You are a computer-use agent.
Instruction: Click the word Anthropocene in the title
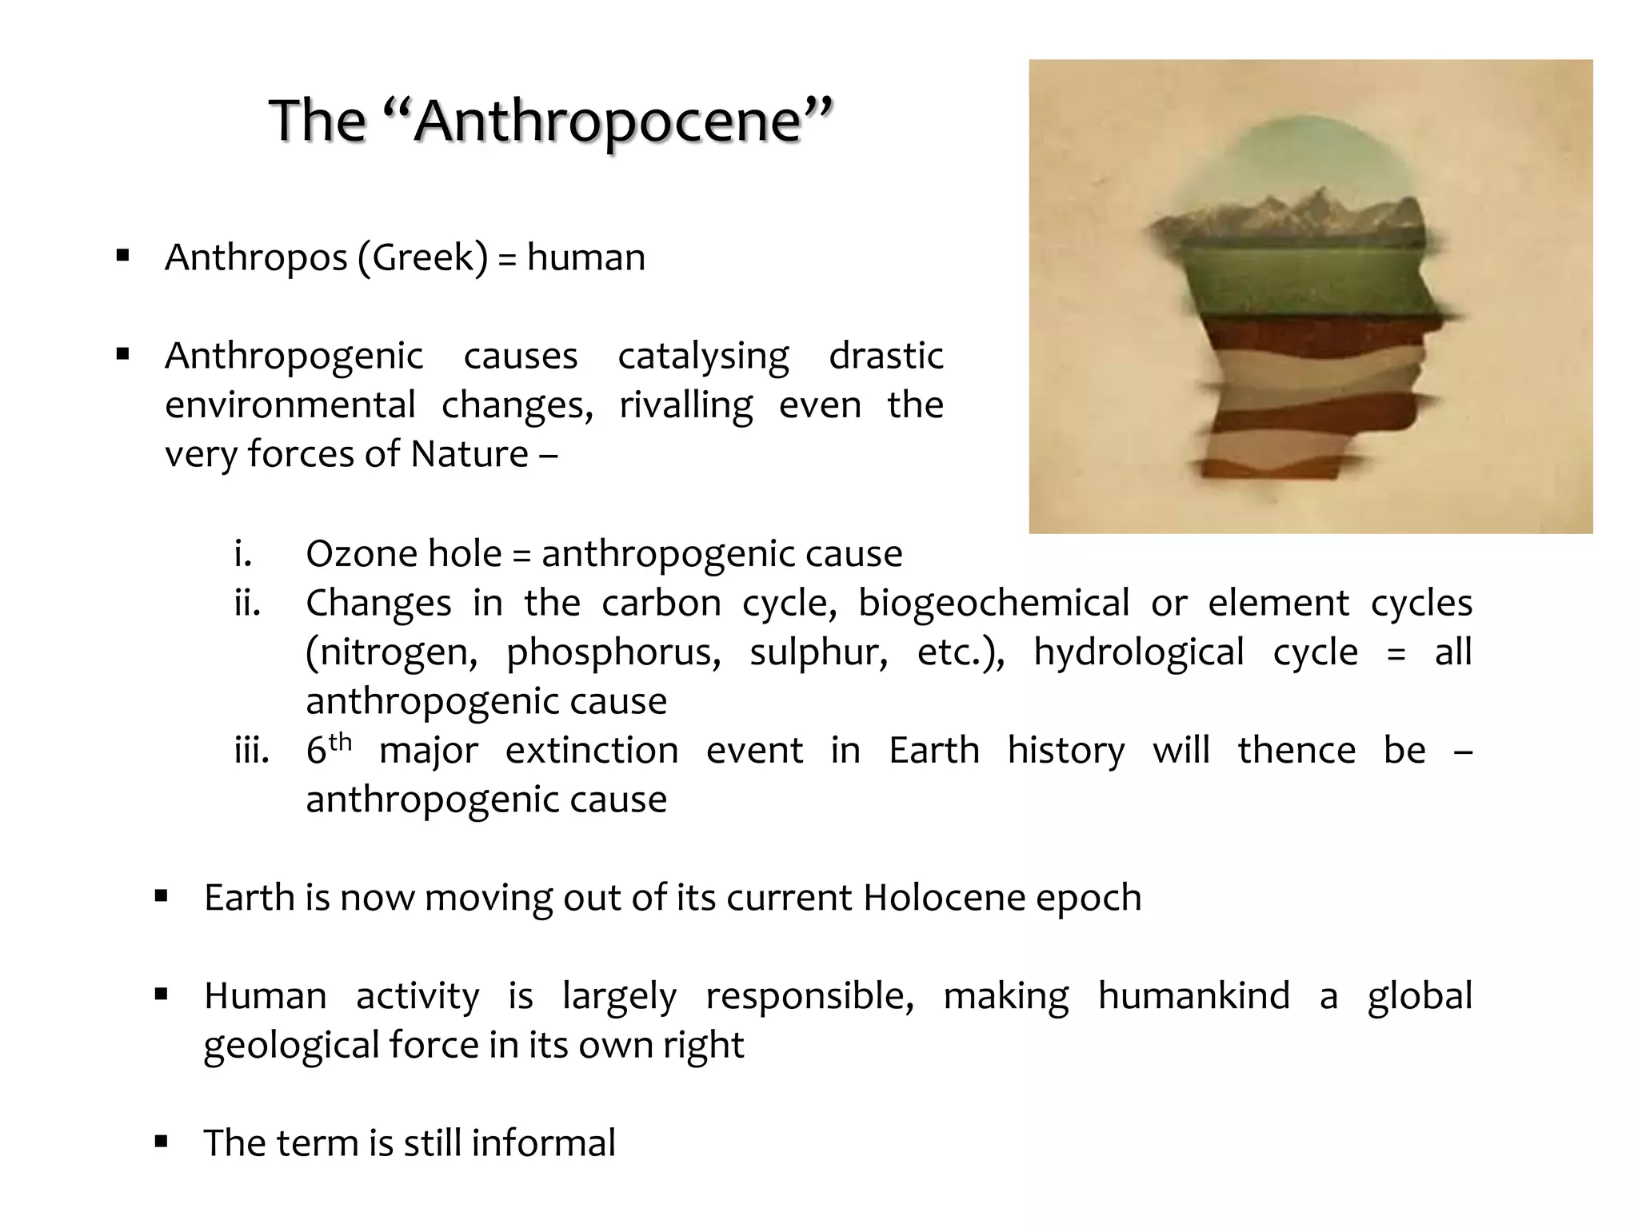[x=608, y=122]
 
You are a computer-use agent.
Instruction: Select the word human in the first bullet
[x=585, y=258]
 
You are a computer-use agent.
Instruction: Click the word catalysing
[x=703, y=357]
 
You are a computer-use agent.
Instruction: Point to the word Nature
[x=469, y=455]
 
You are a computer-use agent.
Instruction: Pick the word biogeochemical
[x=993, y=604]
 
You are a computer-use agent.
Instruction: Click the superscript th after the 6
[x=340, y=742]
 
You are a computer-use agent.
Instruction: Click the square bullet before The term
[x=162, y=1141]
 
